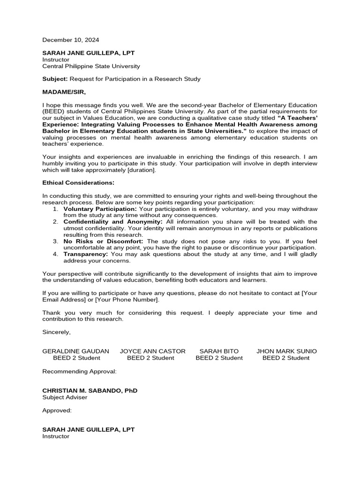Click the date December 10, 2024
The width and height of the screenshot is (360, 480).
tap(71, 40)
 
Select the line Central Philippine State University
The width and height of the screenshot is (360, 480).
tap(91, 67)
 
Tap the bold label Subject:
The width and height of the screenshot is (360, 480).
tap(55, 79)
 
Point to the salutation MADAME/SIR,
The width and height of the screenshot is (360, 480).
tap(64, 91)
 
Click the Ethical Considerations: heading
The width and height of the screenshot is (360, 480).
tap(78, 182)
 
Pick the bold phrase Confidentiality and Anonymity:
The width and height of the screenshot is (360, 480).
tap(113, 221)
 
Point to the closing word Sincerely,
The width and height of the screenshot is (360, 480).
tap(57, 332)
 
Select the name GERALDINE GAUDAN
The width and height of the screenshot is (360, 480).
tap(76, 351)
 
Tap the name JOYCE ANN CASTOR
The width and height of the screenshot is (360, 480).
tap(153, 351)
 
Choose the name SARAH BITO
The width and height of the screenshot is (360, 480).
tap(219, 351)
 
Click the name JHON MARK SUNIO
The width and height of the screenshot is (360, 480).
tap(286, 351)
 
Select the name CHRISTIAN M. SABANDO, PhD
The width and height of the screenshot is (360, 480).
tap(90, 390)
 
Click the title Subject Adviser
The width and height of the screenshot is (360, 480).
tap(65, 397)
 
